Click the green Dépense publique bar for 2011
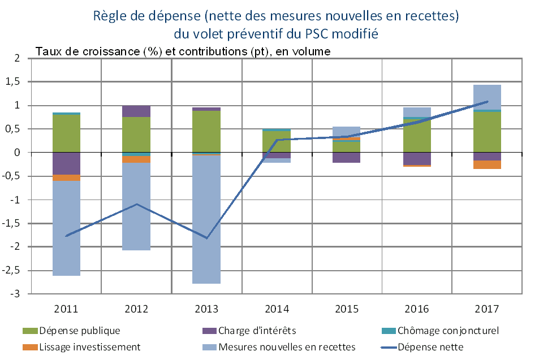66,133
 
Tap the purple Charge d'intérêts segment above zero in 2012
136,111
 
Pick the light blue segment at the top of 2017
488,97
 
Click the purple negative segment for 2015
347,158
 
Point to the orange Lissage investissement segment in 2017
488,164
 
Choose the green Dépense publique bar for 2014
277,141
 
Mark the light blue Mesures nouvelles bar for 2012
136,206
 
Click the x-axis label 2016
417,309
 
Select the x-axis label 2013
206,309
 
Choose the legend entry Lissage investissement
89,346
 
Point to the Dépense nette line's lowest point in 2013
206,238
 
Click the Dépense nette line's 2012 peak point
136,204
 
